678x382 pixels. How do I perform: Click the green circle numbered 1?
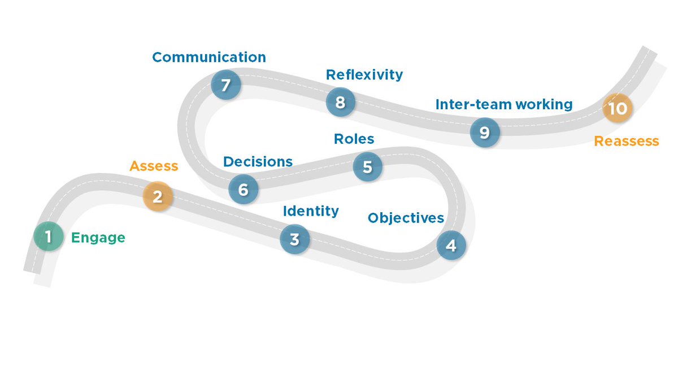pos(48,237)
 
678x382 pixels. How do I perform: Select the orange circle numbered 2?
pos(157,196)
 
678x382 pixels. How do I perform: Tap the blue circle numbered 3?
pos(294,239)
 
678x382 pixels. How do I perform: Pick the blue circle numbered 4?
pos(451,246)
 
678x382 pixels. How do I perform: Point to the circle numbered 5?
pos(367,168)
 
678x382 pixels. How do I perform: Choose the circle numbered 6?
pos(243,189)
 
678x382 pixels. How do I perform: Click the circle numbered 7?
pos(225,85)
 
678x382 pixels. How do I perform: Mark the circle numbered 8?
pos(340,102)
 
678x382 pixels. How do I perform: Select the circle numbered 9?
pos(484,132)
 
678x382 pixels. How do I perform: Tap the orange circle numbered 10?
pos(618,108)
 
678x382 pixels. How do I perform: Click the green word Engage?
pos(98,238)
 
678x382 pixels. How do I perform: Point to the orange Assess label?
pos(154,166)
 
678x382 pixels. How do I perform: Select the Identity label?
pos(311,211)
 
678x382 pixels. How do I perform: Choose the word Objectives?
pos(406,218)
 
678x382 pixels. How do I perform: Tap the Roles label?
pos(354,139)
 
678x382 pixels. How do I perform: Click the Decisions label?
pos(258,162)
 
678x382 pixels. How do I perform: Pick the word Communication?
pos(209,57)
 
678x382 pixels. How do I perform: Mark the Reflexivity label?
pos(364,74)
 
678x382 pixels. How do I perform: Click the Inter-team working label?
pos(504,104)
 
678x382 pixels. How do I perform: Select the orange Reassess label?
pos(626,141)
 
